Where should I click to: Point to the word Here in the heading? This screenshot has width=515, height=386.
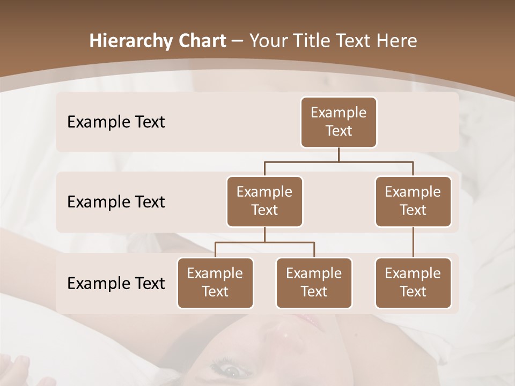click(x=397, y=41)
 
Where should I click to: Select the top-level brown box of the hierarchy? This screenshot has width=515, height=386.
click(x=339, y=122)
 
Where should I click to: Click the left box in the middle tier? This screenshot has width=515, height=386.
click(x=264, y=202)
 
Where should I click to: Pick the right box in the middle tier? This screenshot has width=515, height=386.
click(x=413, y=202)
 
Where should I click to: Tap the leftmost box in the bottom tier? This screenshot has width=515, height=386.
click(x=215, y=283)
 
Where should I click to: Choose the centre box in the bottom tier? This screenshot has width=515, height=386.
click(x=314, y=283)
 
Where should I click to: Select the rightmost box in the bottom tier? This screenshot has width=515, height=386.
click(x=413, y=283)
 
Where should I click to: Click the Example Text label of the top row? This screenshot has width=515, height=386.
click(x=116, y=122)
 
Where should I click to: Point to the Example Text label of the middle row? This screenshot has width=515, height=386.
click(x=116, y=202)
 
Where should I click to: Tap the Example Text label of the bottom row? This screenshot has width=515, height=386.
click(x=116, y=283)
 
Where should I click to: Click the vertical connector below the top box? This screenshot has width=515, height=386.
click(x=339, y=154)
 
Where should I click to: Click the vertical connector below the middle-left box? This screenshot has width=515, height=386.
click(x=264, y=234)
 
